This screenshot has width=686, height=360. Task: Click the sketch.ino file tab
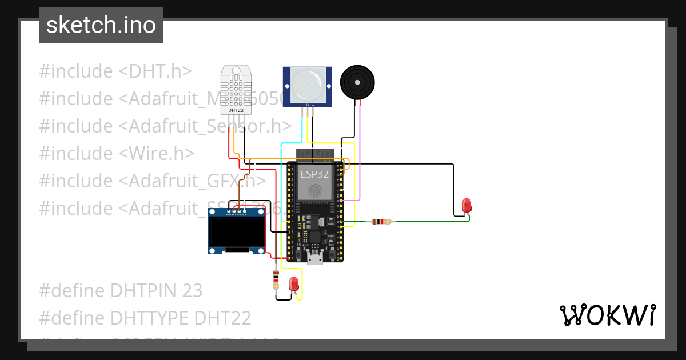point(101,25)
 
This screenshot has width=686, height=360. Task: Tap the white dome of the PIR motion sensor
point(306,83)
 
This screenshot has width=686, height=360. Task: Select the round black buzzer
point(357,82)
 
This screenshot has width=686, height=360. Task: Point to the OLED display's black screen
point(237,231)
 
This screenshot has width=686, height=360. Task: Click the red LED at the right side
point(466,205)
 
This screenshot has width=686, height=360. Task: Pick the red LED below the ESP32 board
point(294,283)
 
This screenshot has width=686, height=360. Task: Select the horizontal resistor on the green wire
point(381,222)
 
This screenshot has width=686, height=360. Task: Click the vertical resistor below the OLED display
point(276,279)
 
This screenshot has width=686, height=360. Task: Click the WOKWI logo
point(607,315)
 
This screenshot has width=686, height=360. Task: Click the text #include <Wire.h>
point(117,153)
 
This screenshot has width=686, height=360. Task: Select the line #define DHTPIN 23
point(121,291)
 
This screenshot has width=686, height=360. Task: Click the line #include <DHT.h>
point(115,71)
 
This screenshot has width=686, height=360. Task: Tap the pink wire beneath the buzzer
point(360,154)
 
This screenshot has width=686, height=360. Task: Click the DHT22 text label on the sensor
point(236,110)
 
